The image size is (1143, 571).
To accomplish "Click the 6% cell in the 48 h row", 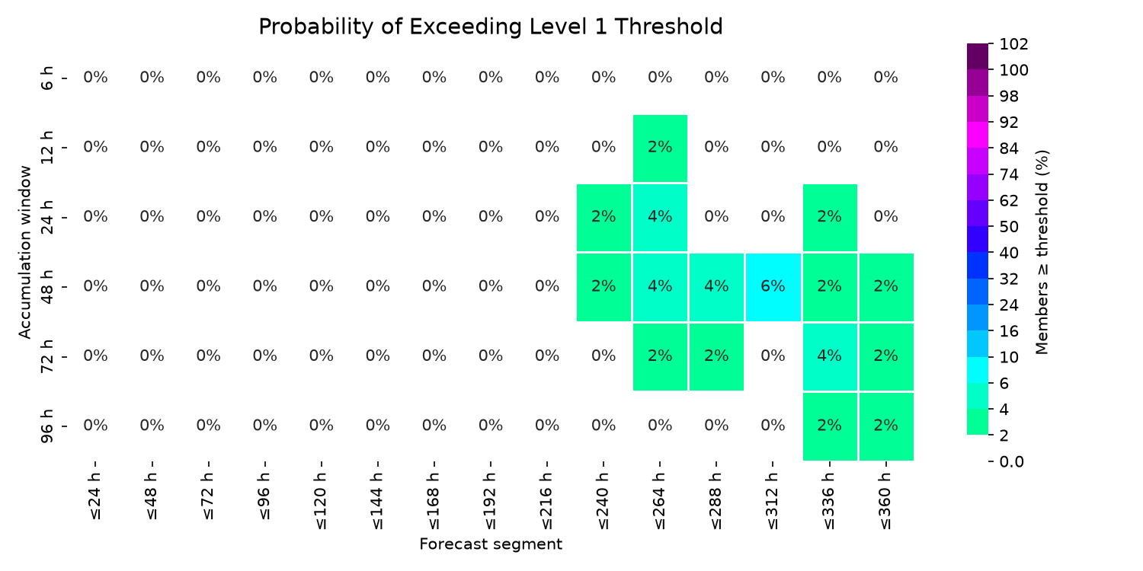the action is pyautogui.click(x=773, y=287).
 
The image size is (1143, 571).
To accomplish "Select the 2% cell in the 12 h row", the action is pyautogui.click(x=661, y=148).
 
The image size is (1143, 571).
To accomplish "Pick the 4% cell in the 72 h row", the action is pyautogui.click(x=830, y=356).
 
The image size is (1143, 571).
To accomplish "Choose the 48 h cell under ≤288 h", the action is pyautogui.click(x=716, y=287).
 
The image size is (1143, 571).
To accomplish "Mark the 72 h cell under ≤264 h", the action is pyautogui.click(x=661, y=356).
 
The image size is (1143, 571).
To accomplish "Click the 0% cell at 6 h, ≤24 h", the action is pyautogui.click(x=95, y=78).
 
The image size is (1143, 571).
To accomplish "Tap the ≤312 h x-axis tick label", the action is pyautogui.click(x=773, y=501).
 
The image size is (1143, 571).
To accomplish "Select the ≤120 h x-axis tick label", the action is pyautogui.click(x=321, y=501).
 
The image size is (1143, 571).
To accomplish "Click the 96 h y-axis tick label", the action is pyautogui.click(x=46, y=426).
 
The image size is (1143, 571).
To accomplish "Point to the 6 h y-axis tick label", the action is pyautogui.click(x=46, y=78).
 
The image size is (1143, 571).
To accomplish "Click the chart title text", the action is pyautogui.click(x=491, y=27).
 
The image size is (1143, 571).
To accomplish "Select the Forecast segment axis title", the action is pyautogui.click(x=491, y=544).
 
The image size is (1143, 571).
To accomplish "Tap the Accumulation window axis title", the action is pyautogui.click(x=24, y=252).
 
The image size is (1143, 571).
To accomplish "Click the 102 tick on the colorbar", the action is pyautogui.click(x=1013, y=44).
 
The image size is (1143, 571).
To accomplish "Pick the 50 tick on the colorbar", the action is pyautogui.click(x=1009, y=226).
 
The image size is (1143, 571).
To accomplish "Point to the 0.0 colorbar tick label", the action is pyautogui.click(x=1011, y=461).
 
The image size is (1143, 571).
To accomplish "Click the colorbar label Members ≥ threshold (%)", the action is pyautogui.click(x=1042, y=252).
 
